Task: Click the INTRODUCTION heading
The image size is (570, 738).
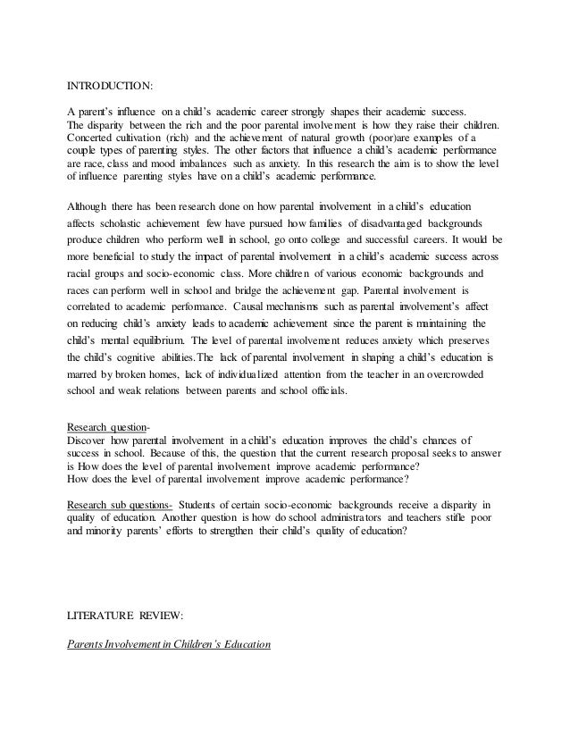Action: tap(111, 87)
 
